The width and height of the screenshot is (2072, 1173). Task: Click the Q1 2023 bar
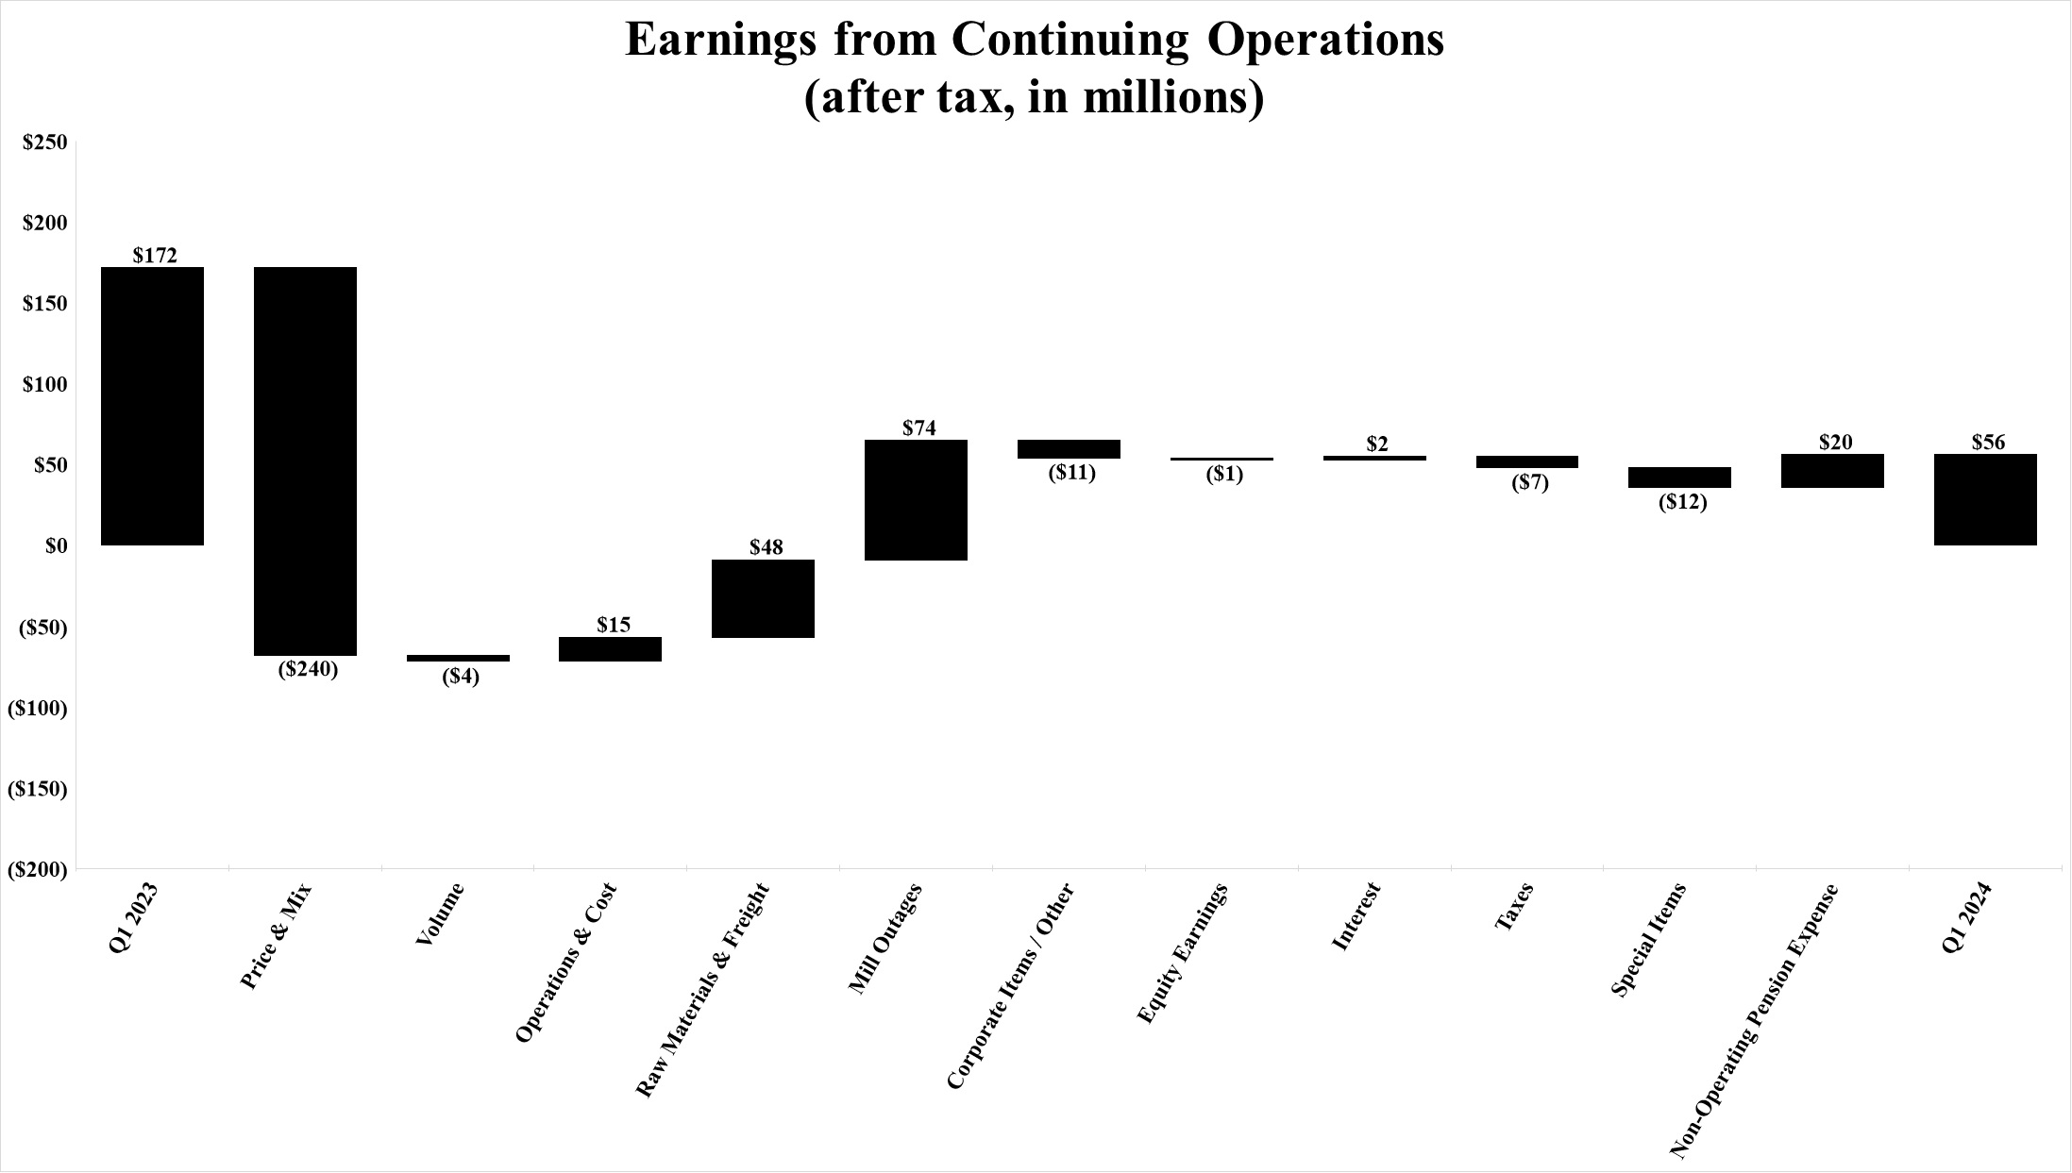pos(152,406)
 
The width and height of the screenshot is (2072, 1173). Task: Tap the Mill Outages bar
pos(916,500)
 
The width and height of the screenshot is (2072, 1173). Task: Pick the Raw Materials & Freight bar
pos(763,598)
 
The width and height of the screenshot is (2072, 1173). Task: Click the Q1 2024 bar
pos(1986,499)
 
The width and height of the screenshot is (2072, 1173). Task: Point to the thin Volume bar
pos(458,658)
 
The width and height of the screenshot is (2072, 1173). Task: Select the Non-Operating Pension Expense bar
pos(1832,471)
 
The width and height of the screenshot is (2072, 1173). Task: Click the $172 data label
pos(155,255)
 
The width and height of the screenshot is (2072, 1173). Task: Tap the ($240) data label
pos(308,670)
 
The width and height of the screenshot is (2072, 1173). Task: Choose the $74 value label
pos(919,427)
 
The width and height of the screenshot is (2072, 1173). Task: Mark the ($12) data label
pos(1683,502)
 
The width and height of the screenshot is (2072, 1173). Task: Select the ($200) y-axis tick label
pos(38,870)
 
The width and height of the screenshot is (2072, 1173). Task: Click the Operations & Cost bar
pos(610,649)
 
